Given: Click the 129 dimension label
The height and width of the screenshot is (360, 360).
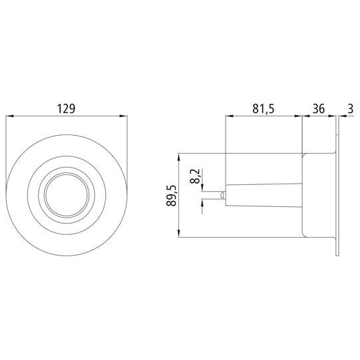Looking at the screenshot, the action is (x=66, y=108).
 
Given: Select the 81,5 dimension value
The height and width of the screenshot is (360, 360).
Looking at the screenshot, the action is (x=264, y=108).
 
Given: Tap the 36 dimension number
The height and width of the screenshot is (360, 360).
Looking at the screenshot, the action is (x=319, y=108).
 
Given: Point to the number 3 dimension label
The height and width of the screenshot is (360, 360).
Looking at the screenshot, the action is (x=350, y=108).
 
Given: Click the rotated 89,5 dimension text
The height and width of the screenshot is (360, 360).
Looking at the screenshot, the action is (x=172, y=196).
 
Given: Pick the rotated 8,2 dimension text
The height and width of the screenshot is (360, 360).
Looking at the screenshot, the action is (x=195, y=176).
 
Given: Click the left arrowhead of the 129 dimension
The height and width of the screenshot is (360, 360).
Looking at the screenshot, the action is (x=9, y=116).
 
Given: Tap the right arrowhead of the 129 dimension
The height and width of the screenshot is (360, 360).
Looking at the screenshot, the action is (x=123, y=116).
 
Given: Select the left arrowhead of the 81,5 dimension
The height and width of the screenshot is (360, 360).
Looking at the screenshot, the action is (x=230, y=116).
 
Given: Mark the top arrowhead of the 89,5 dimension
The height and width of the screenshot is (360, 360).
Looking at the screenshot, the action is (x=179, y=157).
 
